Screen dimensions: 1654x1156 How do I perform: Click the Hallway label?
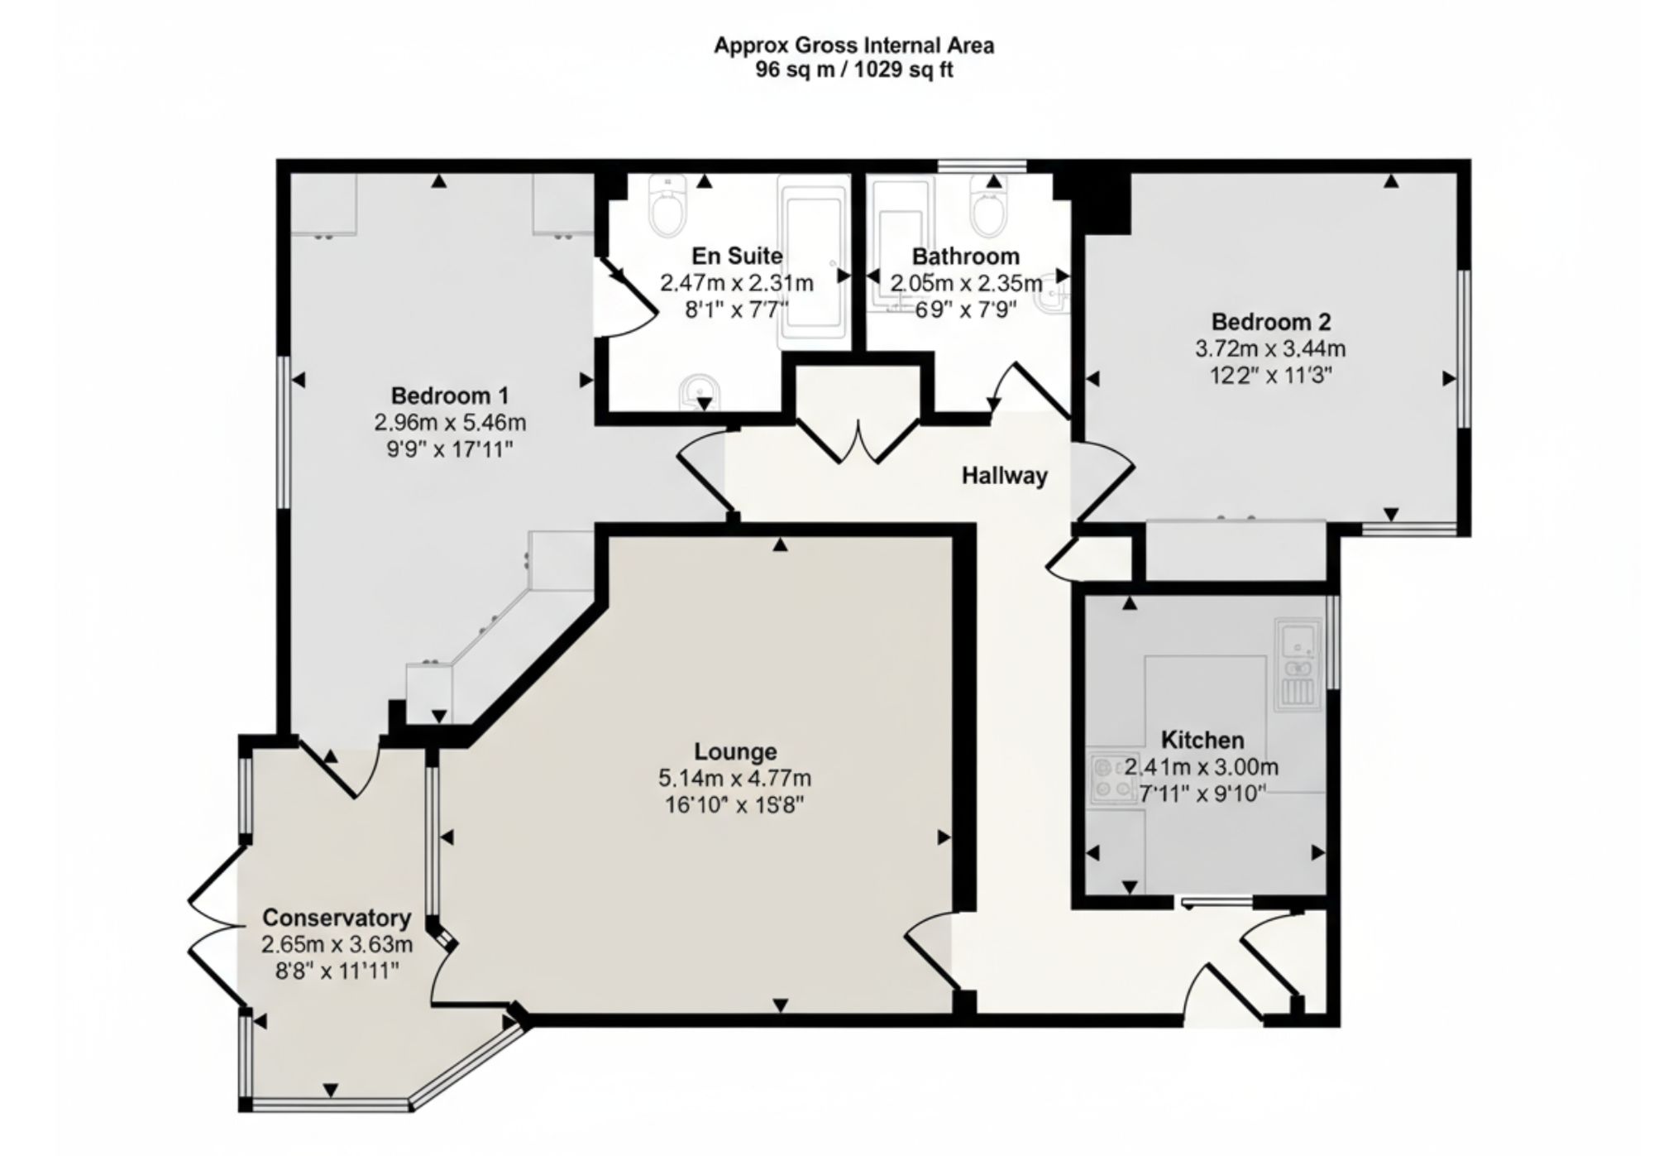pyautogui.click(x=1004, y=476)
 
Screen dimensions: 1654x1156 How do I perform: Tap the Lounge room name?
pyautogui.click(x=735, y=751)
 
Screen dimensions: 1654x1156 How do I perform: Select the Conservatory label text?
pyautogui.click(x=337, y=918)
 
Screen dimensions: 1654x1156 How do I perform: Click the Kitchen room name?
pyautogui.click(x=1202, y=740)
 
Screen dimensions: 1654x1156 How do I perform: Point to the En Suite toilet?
pyautogui.click(x=668, y=205)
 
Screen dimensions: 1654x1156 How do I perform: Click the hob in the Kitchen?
pyautogui.click(x=1111, y=779)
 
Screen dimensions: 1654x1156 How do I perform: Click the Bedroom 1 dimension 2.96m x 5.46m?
pyautogui.click(x=450, y=423)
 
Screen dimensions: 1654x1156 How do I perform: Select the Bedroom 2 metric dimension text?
pyautogui.click(x=1270, y=349)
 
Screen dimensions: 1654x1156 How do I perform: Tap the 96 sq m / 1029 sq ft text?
pyautogui.click(x=854, y=70)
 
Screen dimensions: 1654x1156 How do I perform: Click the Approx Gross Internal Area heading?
pyautogui.click(x=854, y=46)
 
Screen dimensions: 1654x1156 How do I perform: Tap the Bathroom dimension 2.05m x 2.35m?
pyautogui.click(x=966, y=284)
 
